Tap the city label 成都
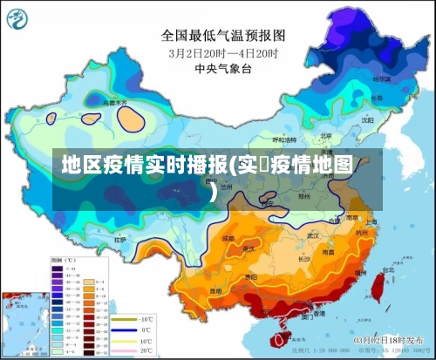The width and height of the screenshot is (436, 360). [228, 237]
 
